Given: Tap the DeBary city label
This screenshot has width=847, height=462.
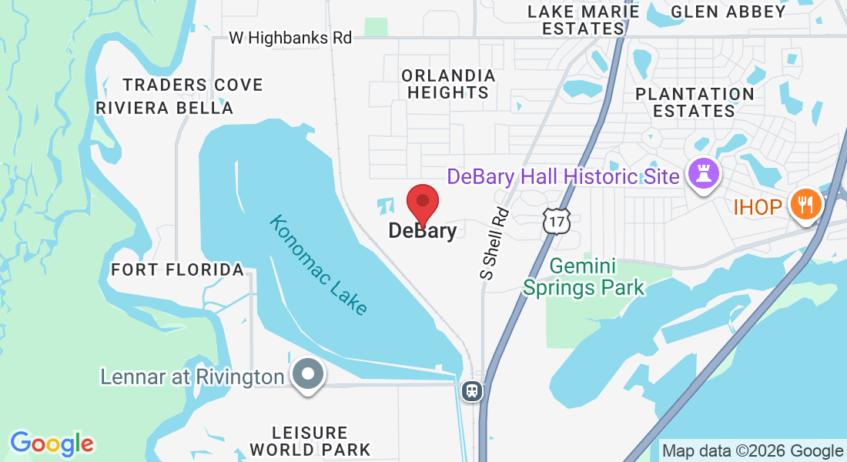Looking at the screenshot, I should [422, 230].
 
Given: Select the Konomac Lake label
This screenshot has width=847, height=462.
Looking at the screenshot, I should [318, 265].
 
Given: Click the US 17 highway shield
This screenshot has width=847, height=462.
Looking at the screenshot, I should [555, 220].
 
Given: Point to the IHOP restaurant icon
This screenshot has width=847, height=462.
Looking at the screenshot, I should [806, 205].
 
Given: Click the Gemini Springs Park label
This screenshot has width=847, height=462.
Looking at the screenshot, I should [584, 278].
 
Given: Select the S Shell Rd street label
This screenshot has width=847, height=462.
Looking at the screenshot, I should [494, 243].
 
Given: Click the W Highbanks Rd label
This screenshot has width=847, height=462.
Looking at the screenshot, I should [290, 38].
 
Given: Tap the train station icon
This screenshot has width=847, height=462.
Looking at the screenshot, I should [471, 390].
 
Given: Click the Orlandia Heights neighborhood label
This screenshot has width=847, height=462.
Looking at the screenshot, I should [448, 84].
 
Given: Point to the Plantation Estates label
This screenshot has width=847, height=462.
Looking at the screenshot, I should [695, 102].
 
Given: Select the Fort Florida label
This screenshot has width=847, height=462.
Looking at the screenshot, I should [177, 269].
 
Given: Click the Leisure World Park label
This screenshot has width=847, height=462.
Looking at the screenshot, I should [310, 441].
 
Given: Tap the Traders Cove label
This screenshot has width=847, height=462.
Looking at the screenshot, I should [192, 85].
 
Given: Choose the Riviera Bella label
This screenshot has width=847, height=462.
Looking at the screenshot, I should [164, 108].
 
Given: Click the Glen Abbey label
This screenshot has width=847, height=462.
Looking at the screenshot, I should [728, 11].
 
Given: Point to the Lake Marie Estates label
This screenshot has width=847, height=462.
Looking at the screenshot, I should [584, 20].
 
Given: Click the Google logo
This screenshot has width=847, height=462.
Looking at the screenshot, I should [52, 444].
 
